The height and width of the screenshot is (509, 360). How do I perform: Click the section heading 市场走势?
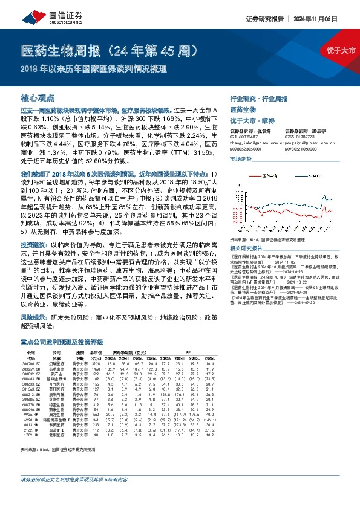tap(240, 158)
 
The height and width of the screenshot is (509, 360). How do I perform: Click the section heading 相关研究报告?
tap(245, 248)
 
